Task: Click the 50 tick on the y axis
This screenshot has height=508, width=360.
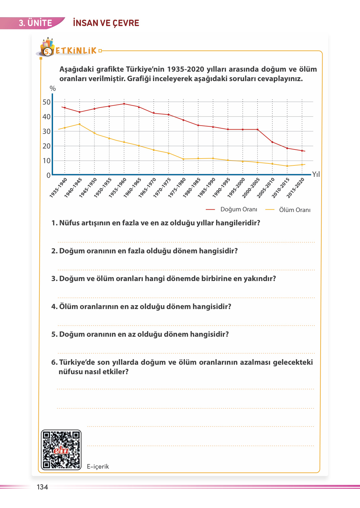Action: coord(47,102)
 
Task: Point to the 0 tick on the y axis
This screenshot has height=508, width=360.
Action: coord(48,175)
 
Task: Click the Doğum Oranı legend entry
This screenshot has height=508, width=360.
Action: coord(239,209)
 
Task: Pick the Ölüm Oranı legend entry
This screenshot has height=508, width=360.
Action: coord(295,210)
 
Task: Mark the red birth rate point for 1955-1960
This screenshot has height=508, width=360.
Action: coord(124,104)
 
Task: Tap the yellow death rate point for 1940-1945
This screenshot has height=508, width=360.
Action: coord(79,124)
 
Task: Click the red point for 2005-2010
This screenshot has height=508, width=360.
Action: coord(272,142)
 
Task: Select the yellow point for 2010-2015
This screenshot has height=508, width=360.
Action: coord(287,166)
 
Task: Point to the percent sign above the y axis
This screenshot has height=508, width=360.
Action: coord(53,89)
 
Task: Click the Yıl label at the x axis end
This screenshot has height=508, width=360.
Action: coord(316,174)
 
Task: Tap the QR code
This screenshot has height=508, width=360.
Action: coord(61,450)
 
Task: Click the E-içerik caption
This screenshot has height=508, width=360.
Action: coord(98,467)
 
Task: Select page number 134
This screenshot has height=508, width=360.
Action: coord(42,487)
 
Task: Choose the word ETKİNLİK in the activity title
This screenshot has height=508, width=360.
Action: coord(76,51)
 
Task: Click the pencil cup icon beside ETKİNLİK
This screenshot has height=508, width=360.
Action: coord(48,46)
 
